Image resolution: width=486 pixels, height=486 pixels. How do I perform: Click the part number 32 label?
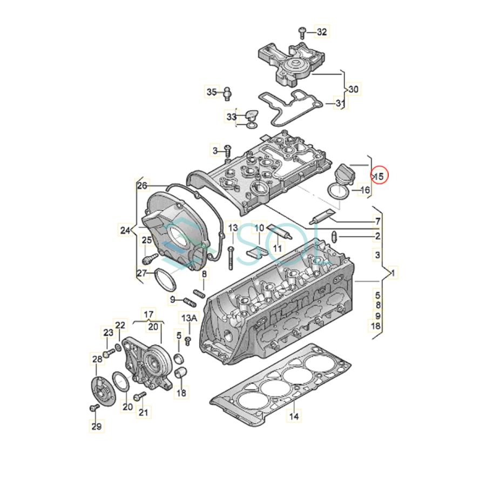[322, 32]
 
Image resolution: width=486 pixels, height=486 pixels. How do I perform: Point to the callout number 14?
[294, 416]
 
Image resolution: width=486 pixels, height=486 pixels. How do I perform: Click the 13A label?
[189, 319]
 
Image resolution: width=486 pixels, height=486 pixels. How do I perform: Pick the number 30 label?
[354, 89]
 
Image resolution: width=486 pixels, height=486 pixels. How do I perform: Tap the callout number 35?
[211, 92]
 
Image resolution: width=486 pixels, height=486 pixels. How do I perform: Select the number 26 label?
[142, 186]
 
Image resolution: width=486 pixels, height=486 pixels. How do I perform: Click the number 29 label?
[96, 427]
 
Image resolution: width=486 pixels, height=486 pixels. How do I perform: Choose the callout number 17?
[148, 314]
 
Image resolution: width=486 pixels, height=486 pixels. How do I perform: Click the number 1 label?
[393, 273]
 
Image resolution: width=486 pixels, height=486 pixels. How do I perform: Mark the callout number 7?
[377, 221]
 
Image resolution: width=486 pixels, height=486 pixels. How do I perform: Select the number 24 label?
[125, 231]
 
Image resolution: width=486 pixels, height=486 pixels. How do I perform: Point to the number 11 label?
[278, 248]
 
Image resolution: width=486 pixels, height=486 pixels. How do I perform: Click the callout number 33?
[232, 117]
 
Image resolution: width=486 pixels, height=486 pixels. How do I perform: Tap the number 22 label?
[120, 325]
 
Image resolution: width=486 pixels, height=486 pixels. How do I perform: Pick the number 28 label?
[97, 359]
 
